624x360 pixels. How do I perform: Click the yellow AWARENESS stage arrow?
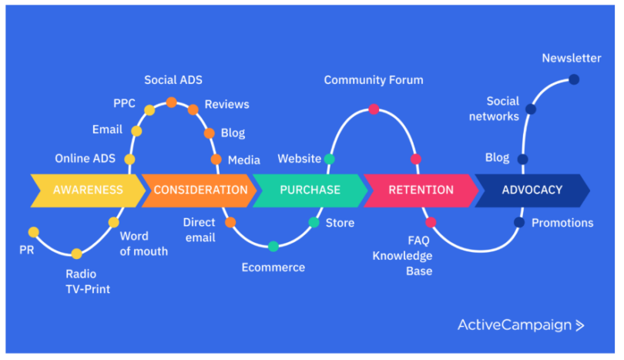click(x=87, y=190)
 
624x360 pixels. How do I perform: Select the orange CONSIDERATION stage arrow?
click(x=200, y=190)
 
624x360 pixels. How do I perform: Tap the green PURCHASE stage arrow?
click(x=310, y=190)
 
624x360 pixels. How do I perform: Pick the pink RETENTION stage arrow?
click(x=420, y=190)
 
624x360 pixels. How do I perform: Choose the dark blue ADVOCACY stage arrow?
click(x=532, y=190)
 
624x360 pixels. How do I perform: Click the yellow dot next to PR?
click(x=33, y=231)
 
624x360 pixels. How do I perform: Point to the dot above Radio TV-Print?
click(x=76, y=254)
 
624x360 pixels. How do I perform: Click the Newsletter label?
click(x=571, y=59)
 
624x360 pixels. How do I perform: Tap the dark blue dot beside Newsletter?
click(x=573, y=79)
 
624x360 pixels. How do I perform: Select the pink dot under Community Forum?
click(x=374, y=109)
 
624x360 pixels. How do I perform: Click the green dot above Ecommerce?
click(x=273, y=247)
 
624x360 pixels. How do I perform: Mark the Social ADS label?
click(x=173, y=80)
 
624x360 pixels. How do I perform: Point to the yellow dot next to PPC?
click(x=149, y=110)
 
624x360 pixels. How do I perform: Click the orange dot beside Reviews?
click(x=193, y=109)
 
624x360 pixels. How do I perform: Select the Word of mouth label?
click(x=144, y=244)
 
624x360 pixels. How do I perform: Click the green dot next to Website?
click(x=330, y=159)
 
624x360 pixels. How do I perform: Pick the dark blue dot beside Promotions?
click(x=519, y=223)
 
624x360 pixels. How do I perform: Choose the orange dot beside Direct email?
click(x=230, y=222)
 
